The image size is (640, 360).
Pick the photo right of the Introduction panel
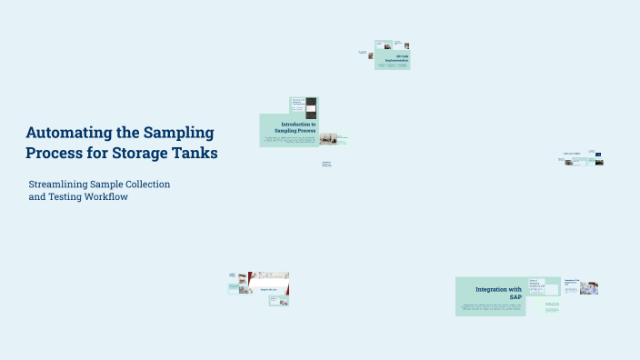pos(327,139)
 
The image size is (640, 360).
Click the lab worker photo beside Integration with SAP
pos(589,287)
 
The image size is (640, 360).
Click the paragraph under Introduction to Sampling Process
pos(287,140)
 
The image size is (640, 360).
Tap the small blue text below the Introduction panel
pos(326,165)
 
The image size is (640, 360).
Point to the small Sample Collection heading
pos(267,289)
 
